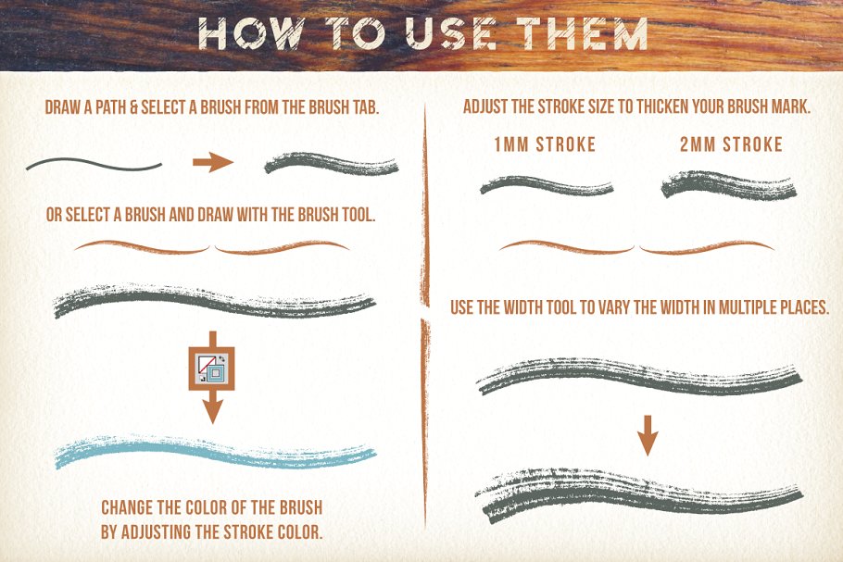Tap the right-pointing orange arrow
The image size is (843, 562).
point(213,162)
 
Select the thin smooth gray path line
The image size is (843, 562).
point(94,165)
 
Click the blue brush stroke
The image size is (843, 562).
point(215,451)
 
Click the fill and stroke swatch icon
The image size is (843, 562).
point(212,368)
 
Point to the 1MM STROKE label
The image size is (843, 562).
point(545,144)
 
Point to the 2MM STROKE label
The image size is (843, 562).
point(731,144)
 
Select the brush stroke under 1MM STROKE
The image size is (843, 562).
point(547,185)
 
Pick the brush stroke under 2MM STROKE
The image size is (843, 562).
point(728,185)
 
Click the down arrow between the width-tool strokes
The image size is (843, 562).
point(648,435)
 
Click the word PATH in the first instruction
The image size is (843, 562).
point(112,107)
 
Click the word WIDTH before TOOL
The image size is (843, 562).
point(522,307)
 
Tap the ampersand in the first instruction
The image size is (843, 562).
point(134,107)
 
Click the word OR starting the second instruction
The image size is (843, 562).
point(54,215)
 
